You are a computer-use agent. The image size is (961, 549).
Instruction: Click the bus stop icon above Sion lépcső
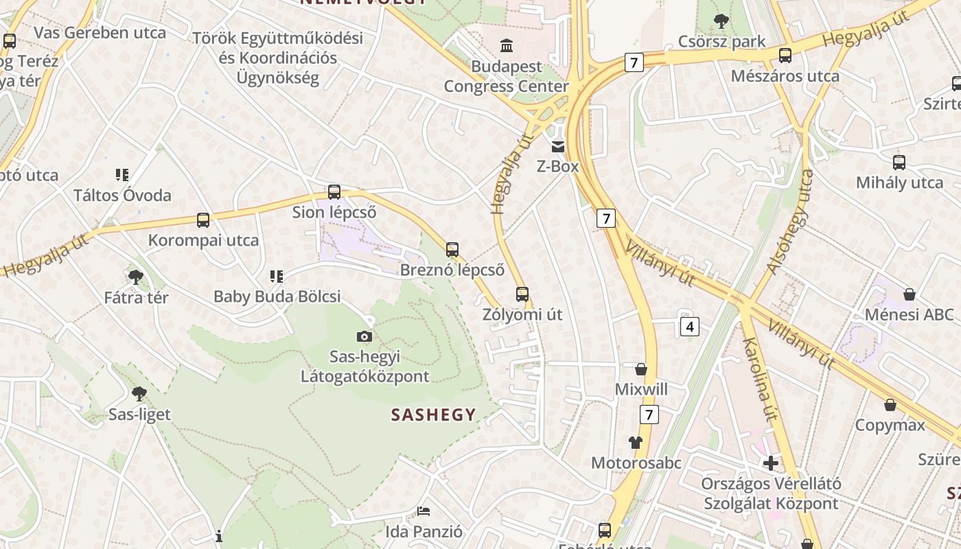pos(334,192)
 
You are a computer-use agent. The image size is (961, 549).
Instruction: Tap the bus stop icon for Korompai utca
pos(203,220)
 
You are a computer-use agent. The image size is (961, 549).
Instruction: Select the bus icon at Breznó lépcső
pos(452,250)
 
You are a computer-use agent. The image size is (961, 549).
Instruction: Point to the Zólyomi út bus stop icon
pos(522,294)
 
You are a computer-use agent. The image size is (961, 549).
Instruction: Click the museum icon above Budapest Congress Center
pos(507,46)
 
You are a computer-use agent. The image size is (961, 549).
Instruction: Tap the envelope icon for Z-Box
pos(557,146)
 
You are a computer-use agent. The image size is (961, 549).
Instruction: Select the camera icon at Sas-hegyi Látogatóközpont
pos(364,336)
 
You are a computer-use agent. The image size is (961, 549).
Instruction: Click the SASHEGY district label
pos(433,414)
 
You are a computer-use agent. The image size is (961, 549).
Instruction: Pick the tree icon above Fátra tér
pos(136,277)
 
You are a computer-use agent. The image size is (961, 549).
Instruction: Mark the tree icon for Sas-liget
pos(139,394)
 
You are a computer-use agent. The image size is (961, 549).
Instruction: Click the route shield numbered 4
pos(690,326)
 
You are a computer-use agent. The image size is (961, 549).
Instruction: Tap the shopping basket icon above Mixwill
pos(641,369)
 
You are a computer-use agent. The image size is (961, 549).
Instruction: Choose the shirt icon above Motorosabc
pos(636,443)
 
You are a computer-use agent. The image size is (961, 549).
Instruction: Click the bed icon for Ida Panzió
pos(424,511)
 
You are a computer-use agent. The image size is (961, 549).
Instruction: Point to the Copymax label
pos(890,425)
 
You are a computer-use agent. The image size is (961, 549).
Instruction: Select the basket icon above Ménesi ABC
pos(910,294)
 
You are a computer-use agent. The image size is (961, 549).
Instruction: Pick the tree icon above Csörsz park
pos(721,21)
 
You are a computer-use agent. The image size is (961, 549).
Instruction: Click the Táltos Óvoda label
pos(122,196)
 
